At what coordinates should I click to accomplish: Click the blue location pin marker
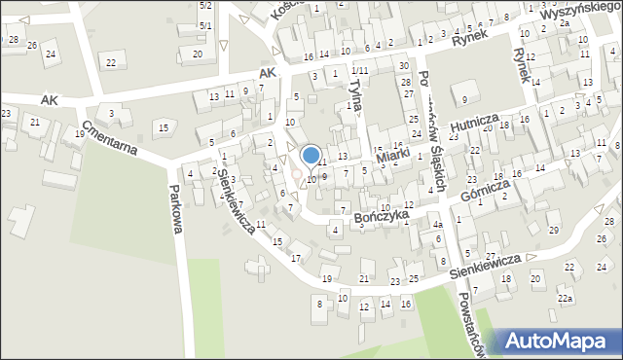click(311, 156)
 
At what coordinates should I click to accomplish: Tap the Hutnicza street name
click(475, 121)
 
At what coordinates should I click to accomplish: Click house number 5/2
click(205, 6)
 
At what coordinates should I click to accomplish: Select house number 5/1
click(205, 24)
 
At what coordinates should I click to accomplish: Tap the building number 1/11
click(360, 71)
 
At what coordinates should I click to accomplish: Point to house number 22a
click(565, 298)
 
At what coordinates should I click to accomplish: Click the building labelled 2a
click(564, 22)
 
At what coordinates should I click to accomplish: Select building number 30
click(403, 65)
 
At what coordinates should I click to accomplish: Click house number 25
click(414, 279)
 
